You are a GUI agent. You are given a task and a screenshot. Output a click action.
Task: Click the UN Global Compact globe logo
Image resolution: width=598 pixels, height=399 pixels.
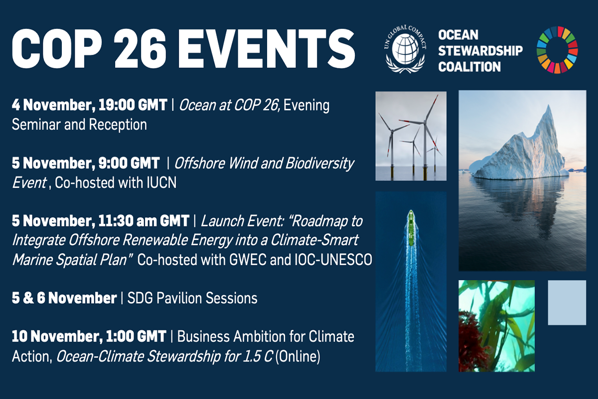coord(405,49)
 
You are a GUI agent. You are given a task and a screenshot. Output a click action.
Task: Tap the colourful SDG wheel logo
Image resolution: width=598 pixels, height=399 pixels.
coord(557,50)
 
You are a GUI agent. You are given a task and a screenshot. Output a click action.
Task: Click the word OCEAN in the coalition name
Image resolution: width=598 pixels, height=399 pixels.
coord(458,35)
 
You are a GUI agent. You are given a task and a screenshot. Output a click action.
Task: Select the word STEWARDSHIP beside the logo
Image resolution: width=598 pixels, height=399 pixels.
coord(480,51)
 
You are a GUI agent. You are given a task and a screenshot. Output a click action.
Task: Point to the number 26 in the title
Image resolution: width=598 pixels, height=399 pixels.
coord(141,49)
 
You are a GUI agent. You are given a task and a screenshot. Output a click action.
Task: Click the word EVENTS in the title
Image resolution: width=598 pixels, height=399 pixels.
coord(267,49)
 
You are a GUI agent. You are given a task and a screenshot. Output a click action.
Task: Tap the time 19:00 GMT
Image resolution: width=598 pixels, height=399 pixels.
coord(133,105)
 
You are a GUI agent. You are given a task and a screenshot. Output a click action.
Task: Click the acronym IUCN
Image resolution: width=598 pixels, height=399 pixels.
coord(161,183)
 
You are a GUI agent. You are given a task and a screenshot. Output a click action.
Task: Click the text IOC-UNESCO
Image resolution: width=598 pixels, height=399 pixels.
coord(333,260)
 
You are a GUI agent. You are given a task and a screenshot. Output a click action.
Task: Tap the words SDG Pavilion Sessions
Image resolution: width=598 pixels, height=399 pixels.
coord(192,298)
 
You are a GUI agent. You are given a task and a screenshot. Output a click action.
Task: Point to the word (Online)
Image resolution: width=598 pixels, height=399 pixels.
coord(298,356)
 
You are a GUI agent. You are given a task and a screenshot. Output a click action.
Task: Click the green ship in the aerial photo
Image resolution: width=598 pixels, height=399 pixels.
coord(411,228)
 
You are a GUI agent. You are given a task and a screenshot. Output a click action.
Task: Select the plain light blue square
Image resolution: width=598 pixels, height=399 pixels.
coord(567,303)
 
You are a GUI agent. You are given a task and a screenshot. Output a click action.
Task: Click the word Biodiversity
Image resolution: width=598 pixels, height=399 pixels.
coord(319,163)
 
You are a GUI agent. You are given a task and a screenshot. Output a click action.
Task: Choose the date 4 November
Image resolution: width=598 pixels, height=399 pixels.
coord(53,105)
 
